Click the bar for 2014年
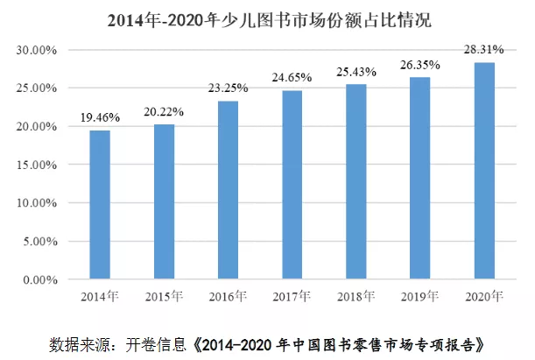click(x=100, y=205)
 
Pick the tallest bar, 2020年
click(x=484, y=171)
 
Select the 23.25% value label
click(x=229, y=88)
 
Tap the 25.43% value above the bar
click(x=356, y=72)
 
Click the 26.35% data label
click(x=421, y=65)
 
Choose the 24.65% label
click(x=292, y=78)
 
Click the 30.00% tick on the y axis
click(x=36, y=51)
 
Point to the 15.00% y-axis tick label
click(x=36, y=165)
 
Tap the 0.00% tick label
click(x=39, y=279)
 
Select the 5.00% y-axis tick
click(x=39, y=241)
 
